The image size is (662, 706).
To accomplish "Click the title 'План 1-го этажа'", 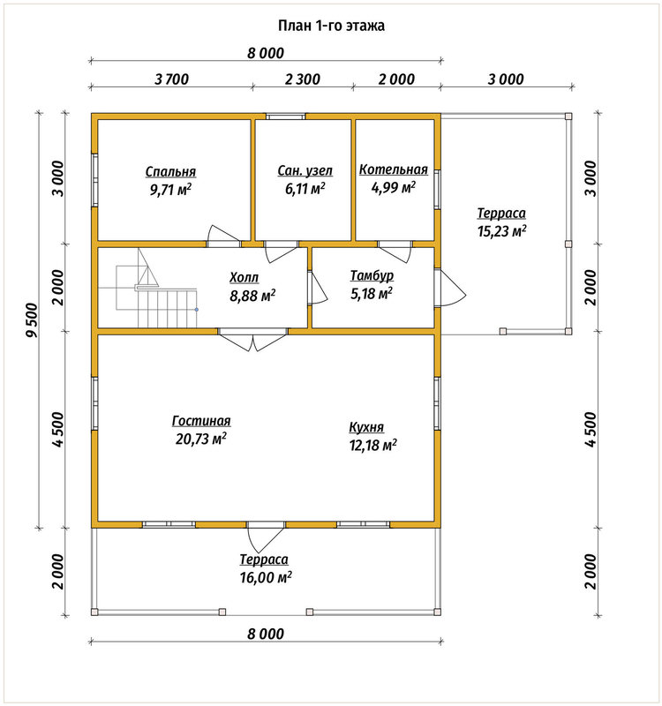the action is pyautogui.click(x=331, y=26).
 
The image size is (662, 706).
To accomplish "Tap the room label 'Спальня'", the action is pyautogui.click(x=170, y=171).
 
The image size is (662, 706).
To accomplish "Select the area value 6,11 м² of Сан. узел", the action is pyautogui.click(x=305, y=188).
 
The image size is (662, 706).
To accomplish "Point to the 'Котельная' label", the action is pyautogui.click(x=393, y=169).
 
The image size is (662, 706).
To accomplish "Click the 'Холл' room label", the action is pyautogui.click(x=244, y=277).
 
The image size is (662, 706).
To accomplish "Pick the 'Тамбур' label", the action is pyautogui.click(x=372, y=275).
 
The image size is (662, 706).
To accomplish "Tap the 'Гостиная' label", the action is pyautogui.click(x=201, y=421).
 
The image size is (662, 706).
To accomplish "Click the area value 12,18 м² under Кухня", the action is pyautogui.click(x=372, y=445).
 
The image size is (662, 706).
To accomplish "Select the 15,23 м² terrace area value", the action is pyautogui.click(x=501, y=231).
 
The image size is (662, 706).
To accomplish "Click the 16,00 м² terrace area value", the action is pyautogui.click(x=266, y=577).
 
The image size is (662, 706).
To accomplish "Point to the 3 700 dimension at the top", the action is pyautogui.click(x=171, y=79).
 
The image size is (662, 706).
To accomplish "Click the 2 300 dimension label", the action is pyautogui.click(x=303, y=79).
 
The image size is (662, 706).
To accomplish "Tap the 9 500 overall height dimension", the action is pyautogui.click(x=33, y=320).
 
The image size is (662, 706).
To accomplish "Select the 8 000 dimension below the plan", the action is pyautogui.click(x=266, y=634).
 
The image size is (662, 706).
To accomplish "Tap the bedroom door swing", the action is pyautogui.click(x=223, y=235).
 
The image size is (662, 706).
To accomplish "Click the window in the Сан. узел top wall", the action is pyautogui.click(x=285, y=116).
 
